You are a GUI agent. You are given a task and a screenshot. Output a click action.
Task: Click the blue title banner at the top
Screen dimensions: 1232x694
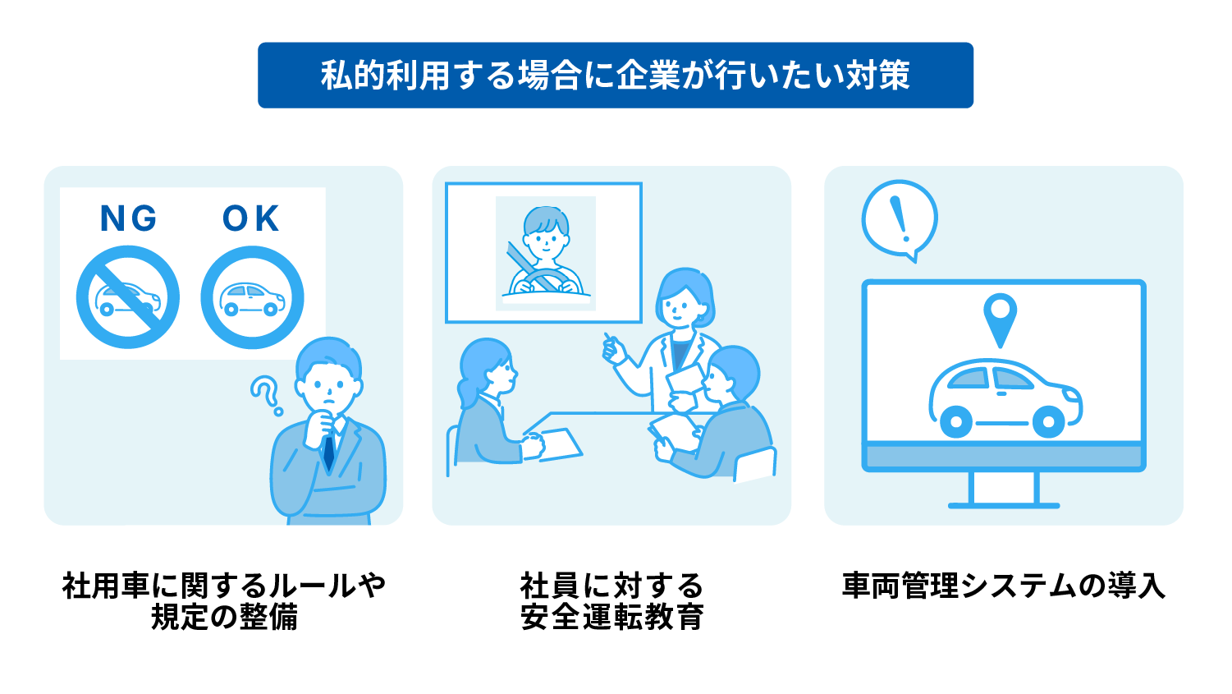(615, 76)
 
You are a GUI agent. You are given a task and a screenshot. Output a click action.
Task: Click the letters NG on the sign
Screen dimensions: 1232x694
(129, 218)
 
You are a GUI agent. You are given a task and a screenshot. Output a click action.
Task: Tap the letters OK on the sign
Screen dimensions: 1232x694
(251, 218)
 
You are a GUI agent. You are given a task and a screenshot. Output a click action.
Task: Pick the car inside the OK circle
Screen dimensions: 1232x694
(253, 300)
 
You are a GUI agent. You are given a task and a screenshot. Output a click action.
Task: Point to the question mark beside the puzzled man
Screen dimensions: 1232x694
(266, 394)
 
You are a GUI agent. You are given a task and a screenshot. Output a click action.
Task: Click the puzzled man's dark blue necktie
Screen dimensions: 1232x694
(329, 451)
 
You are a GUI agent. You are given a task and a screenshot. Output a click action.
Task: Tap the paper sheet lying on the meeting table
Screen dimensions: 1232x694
(559, 444)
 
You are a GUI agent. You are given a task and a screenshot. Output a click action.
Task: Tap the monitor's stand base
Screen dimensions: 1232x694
(1004, 505)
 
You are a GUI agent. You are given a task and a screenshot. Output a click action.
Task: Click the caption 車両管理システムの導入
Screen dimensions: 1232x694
(1003, 586)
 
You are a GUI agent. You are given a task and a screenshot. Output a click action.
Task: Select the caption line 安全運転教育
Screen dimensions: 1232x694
(611, 617)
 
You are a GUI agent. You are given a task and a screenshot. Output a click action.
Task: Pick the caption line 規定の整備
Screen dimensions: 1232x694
(224, 617)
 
